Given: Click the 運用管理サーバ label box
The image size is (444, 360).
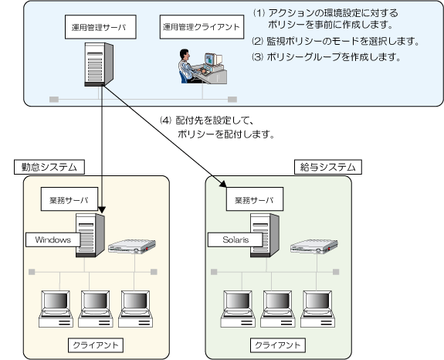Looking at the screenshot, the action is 100,27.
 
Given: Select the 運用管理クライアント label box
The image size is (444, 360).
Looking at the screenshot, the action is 202,27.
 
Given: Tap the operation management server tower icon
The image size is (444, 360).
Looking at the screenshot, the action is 99,64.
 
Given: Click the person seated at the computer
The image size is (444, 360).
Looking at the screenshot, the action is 188,66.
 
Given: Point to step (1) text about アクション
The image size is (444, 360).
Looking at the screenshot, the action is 325,19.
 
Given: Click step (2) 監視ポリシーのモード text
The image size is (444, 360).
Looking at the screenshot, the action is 336,42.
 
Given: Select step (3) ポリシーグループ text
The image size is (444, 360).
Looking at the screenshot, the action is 327,57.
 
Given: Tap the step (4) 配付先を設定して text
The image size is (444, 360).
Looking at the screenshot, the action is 217,127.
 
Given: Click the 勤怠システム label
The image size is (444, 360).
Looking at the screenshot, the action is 49,167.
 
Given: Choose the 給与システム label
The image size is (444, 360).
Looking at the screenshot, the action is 328,167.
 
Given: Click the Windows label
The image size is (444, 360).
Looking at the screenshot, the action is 53,240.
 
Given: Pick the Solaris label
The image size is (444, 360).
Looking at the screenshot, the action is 236,240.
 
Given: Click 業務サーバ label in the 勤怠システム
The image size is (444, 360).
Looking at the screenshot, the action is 69,199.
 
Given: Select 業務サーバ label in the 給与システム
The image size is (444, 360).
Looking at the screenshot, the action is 255,199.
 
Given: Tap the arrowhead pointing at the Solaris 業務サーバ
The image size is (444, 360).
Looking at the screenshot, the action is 224,184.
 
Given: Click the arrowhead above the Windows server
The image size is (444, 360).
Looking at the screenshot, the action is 102,209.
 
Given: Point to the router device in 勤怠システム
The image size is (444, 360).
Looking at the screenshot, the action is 132,246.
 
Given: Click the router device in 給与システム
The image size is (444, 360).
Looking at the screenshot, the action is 314,246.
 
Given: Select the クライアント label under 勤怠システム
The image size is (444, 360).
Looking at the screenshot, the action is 96,345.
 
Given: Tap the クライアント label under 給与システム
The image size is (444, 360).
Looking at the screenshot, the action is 278,345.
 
